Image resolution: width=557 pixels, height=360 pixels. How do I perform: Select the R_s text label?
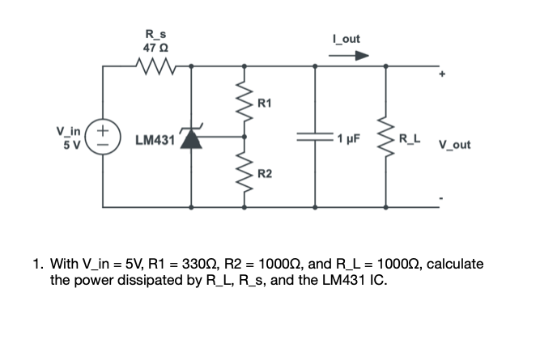point(154,34)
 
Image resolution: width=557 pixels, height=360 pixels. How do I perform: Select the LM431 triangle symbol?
point(191,138)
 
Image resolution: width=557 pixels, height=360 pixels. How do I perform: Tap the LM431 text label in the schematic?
point(155,140)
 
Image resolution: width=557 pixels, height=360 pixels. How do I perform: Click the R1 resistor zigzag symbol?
point(243,102)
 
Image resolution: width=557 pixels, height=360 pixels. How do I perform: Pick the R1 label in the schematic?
point(265,103)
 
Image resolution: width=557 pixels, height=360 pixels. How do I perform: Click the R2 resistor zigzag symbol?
point(243,174)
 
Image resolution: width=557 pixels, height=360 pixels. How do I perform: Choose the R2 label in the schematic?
point(265,174)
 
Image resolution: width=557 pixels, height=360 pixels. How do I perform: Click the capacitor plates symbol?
point(314,138)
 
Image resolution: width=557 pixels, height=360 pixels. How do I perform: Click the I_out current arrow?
point(351,55)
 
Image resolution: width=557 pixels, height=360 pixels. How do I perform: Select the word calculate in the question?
point(456,265)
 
